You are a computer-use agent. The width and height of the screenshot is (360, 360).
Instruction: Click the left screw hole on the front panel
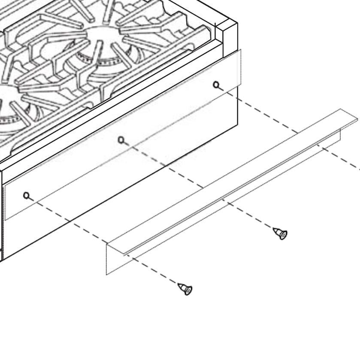tap(27, 196)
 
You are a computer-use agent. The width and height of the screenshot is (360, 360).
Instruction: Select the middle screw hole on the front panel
tap(121, 139)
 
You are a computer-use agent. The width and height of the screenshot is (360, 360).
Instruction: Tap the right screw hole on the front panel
tap(216, 85)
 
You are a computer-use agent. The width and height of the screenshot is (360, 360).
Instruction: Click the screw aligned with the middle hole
tap(281, 233)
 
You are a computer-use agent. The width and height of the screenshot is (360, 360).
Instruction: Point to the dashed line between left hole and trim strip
tap(69, 221)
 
